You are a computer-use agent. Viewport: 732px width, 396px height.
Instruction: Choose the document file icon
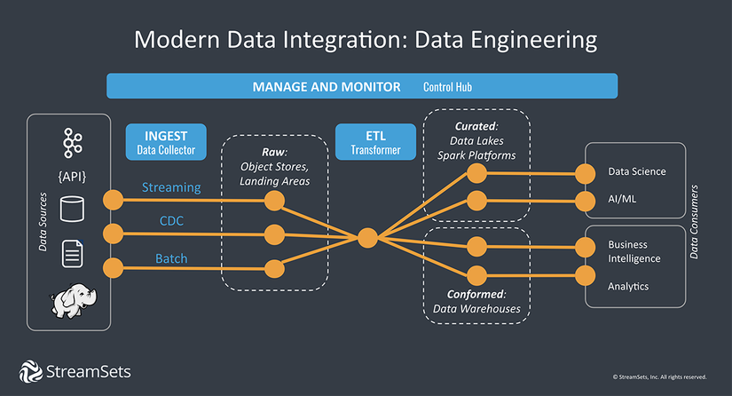(x=72, y=254)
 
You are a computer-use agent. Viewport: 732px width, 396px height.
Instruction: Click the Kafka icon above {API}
(x=72, y=142)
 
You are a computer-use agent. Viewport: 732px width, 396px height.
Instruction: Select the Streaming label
(x=171, y=188)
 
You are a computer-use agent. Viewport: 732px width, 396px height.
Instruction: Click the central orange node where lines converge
(x=366, y=237)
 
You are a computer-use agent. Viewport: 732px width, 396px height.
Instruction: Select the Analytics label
(x=628, y=286)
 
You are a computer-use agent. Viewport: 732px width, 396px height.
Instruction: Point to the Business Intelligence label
(x=634, y=251)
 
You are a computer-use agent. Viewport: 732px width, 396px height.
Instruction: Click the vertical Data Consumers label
(x=695, y=222)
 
